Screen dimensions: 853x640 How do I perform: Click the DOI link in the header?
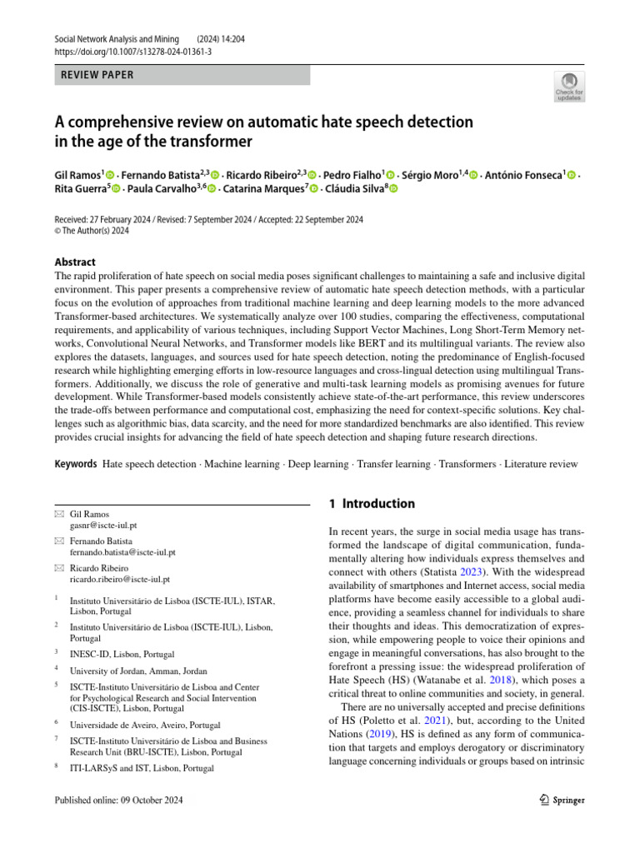pos(132,52)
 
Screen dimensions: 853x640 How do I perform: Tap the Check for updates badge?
pos(570,87)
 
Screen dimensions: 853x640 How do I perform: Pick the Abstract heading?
pos(74,262)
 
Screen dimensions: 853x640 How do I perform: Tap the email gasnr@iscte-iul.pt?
pos(103,526)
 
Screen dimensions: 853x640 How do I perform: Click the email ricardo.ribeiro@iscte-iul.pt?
pos(119,579)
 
